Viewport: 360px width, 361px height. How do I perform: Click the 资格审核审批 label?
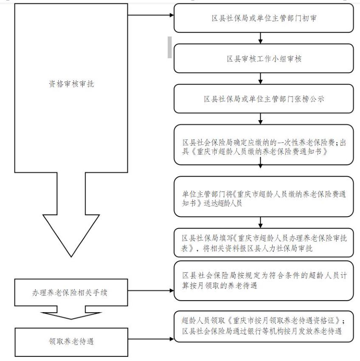71,84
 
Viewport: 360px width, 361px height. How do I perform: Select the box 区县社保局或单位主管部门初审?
264,18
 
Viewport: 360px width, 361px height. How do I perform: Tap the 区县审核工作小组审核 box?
264,59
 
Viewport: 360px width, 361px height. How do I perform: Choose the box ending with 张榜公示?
264,99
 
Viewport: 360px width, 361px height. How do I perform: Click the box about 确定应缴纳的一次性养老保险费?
264,145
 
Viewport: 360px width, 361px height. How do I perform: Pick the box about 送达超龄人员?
264,197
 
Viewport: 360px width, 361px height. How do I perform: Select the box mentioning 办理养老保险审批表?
264,243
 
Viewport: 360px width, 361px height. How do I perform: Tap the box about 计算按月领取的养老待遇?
264,281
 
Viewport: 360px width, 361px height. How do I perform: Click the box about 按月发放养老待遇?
264,327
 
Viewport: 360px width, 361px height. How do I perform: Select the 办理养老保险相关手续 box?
71,292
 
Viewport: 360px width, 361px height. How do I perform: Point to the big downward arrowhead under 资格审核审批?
71,236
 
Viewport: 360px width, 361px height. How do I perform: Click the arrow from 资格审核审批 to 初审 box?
151,15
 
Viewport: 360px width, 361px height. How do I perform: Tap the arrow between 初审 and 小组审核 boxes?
260,38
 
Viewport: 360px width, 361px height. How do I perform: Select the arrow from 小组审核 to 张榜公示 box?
260,79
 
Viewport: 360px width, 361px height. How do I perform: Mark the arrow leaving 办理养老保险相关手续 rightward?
151,290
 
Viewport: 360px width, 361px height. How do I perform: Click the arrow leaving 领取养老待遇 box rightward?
151,339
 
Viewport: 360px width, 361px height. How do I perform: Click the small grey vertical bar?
170,47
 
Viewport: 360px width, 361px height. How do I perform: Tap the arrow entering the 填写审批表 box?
260,223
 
